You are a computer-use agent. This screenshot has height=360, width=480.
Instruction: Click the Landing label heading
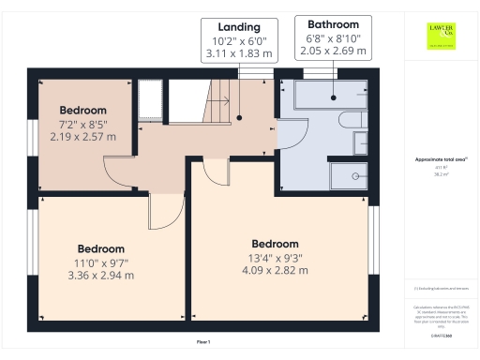[238, 27]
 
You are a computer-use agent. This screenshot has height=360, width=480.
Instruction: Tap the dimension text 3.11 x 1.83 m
[238, 55]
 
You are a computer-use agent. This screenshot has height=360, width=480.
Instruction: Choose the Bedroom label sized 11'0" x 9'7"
[100, 248]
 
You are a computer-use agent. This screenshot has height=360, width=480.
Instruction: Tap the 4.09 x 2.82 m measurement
[275, 271]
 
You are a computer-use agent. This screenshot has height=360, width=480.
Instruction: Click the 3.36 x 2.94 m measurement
[100, 276]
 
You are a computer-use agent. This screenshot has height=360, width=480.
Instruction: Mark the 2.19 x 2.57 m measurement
[83, 137]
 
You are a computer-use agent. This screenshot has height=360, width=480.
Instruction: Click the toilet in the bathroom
[361, 142]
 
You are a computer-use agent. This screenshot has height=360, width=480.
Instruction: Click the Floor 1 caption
[203, 343]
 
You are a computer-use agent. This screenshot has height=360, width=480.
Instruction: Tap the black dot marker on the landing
[239, 118]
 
